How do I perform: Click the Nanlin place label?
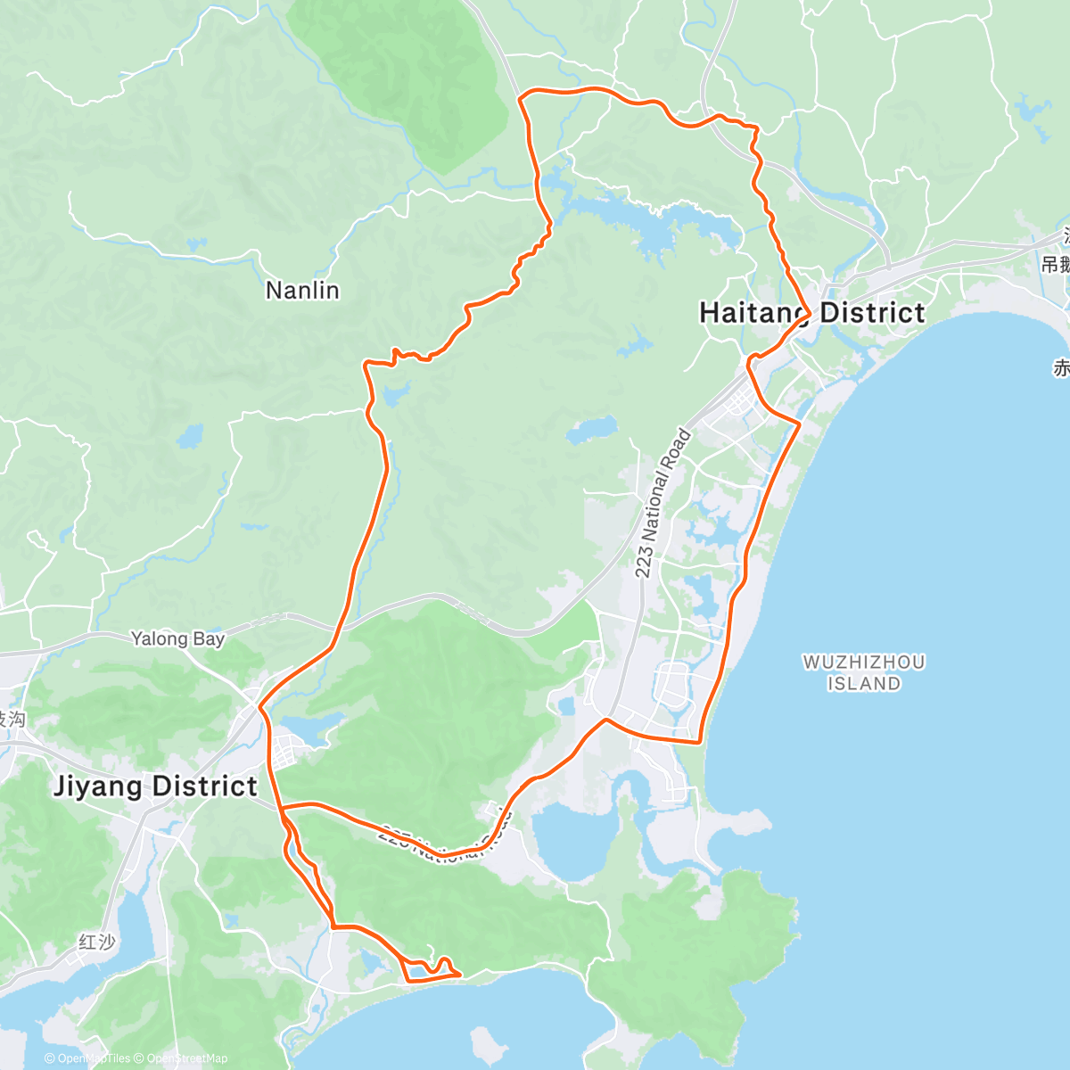coord(302,291)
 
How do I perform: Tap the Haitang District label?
coord(811,313)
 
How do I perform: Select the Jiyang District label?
coord(155,786)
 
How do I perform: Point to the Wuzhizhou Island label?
coord(863,673)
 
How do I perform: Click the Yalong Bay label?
coord(177,638)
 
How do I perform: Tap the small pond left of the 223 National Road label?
coord(592,431)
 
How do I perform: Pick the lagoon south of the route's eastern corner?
coord(572,838)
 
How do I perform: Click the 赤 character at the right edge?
coord(1061,367)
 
